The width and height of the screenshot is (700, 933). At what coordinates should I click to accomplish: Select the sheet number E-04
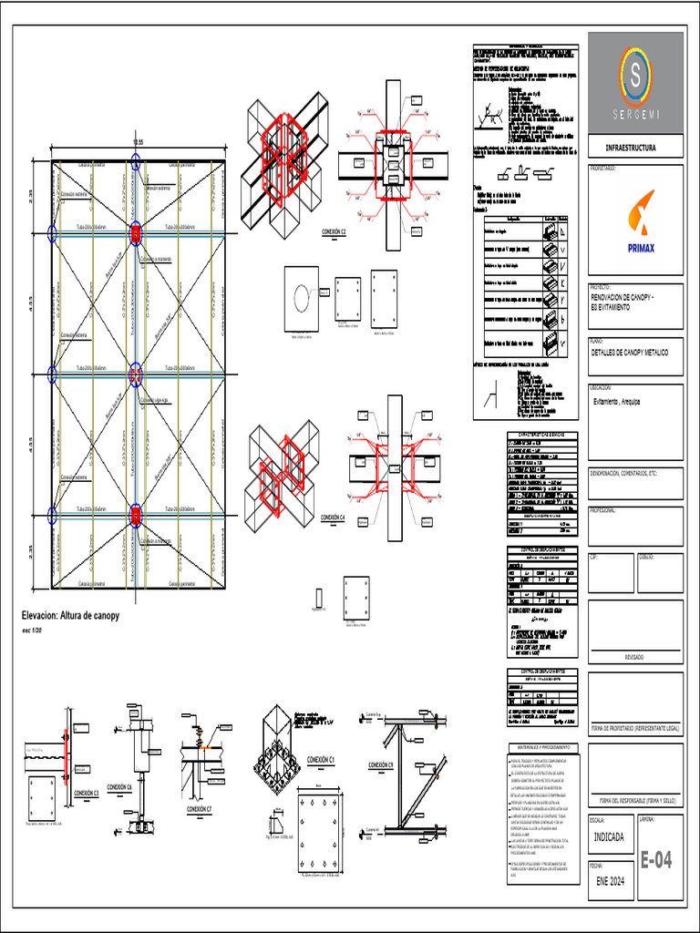[x=656, y=859]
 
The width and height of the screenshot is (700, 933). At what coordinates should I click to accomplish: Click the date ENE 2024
[x=612, y=881]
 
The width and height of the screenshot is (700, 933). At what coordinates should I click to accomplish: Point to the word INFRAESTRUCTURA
[x=631, y=148]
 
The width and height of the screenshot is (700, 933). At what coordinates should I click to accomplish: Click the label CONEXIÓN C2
[x=334, y=232]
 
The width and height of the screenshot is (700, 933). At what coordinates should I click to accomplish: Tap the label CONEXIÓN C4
[x=333, y=518]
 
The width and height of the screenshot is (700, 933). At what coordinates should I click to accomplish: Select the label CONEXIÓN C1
[x=321, y=759]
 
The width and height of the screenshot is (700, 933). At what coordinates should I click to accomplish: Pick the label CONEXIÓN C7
[x=199, y=808]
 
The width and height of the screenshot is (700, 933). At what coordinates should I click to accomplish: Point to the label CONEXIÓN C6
[x=119, y=786]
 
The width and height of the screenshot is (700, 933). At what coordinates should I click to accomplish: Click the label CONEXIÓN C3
[x=86, y=793]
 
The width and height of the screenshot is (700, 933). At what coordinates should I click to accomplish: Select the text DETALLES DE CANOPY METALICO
[x=630, y=352]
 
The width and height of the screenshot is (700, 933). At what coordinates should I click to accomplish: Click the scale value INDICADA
[x=610, y=836]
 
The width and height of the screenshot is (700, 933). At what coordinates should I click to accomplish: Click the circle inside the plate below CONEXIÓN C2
[x=301, y=297]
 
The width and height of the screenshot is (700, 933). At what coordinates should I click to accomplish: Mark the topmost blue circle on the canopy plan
[x=135, y=162]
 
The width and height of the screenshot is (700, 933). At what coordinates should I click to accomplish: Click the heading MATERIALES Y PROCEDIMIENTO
[x=544, y=747]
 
